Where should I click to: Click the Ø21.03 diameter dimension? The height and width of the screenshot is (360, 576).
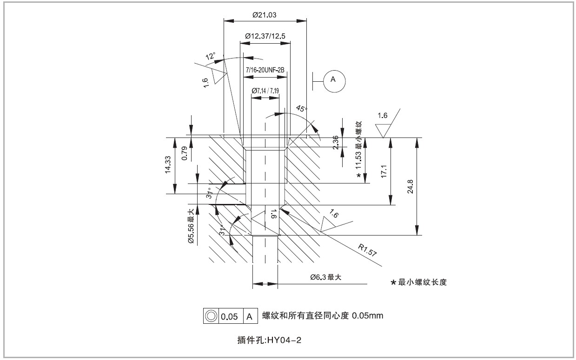[x=265, y=15]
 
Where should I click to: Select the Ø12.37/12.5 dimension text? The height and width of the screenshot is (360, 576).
[x=265, y=36]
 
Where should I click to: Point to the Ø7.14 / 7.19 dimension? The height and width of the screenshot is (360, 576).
[x=265, y=91]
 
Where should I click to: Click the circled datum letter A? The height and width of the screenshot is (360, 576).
[x=333, y=79]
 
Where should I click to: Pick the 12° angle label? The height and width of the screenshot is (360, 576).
[x=211, y=57]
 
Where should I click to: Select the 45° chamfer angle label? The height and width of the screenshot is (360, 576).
[x=302, y=109]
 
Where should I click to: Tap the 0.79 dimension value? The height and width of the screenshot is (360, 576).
[x=184, y=154]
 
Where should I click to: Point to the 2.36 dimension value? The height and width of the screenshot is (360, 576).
[x=336, y=142]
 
